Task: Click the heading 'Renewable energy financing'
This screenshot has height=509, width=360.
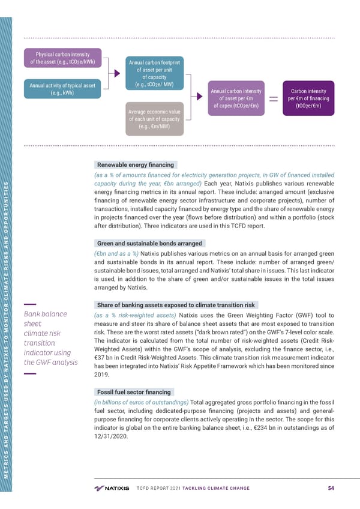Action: pos(135,164)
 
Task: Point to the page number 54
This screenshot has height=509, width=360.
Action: pos(331,487)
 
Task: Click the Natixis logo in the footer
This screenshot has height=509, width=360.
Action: pos(112,487)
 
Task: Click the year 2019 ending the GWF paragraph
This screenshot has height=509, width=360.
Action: pos(102,375)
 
